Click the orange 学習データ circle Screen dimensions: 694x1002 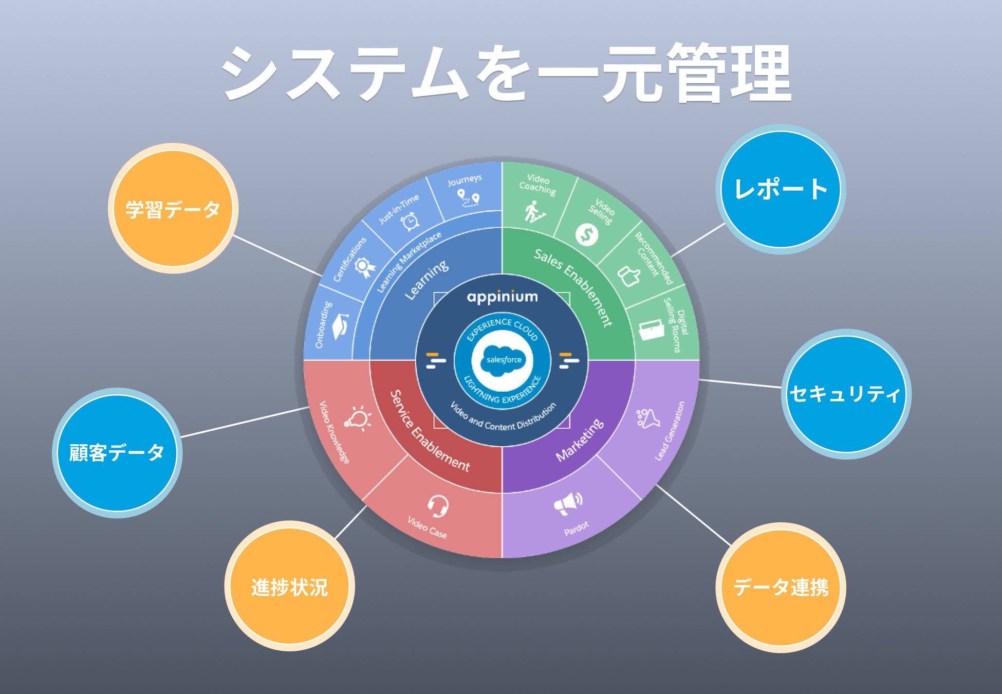click(173, 208)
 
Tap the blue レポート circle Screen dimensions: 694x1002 click(781, 189)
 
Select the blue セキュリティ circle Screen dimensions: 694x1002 click(846, 394)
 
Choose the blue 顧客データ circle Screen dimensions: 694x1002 click(117, 453)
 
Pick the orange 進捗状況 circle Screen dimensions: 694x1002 click(289, 587)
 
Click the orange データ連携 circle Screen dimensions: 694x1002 click(781, 587)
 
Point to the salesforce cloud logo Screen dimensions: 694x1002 click(503, 359)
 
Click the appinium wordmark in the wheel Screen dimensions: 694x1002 click(502, 297)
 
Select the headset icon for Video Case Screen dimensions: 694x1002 click(438, 506)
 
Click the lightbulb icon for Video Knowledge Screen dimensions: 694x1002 click(358, 418)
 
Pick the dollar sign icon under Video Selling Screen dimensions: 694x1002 click(586, 234)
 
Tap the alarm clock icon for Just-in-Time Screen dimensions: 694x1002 click(411, 221)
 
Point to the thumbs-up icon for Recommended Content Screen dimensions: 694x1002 click(628, 276)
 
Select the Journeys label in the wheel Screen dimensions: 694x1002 click(465, 180)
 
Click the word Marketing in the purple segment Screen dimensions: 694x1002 click(580, 441)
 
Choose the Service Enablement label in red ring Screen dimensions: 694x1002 click(429, 432)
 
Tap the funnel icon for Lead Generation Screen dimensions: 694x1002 click(648, 418)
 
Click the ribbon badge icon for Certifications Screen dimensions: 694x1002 click(364, 267)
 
